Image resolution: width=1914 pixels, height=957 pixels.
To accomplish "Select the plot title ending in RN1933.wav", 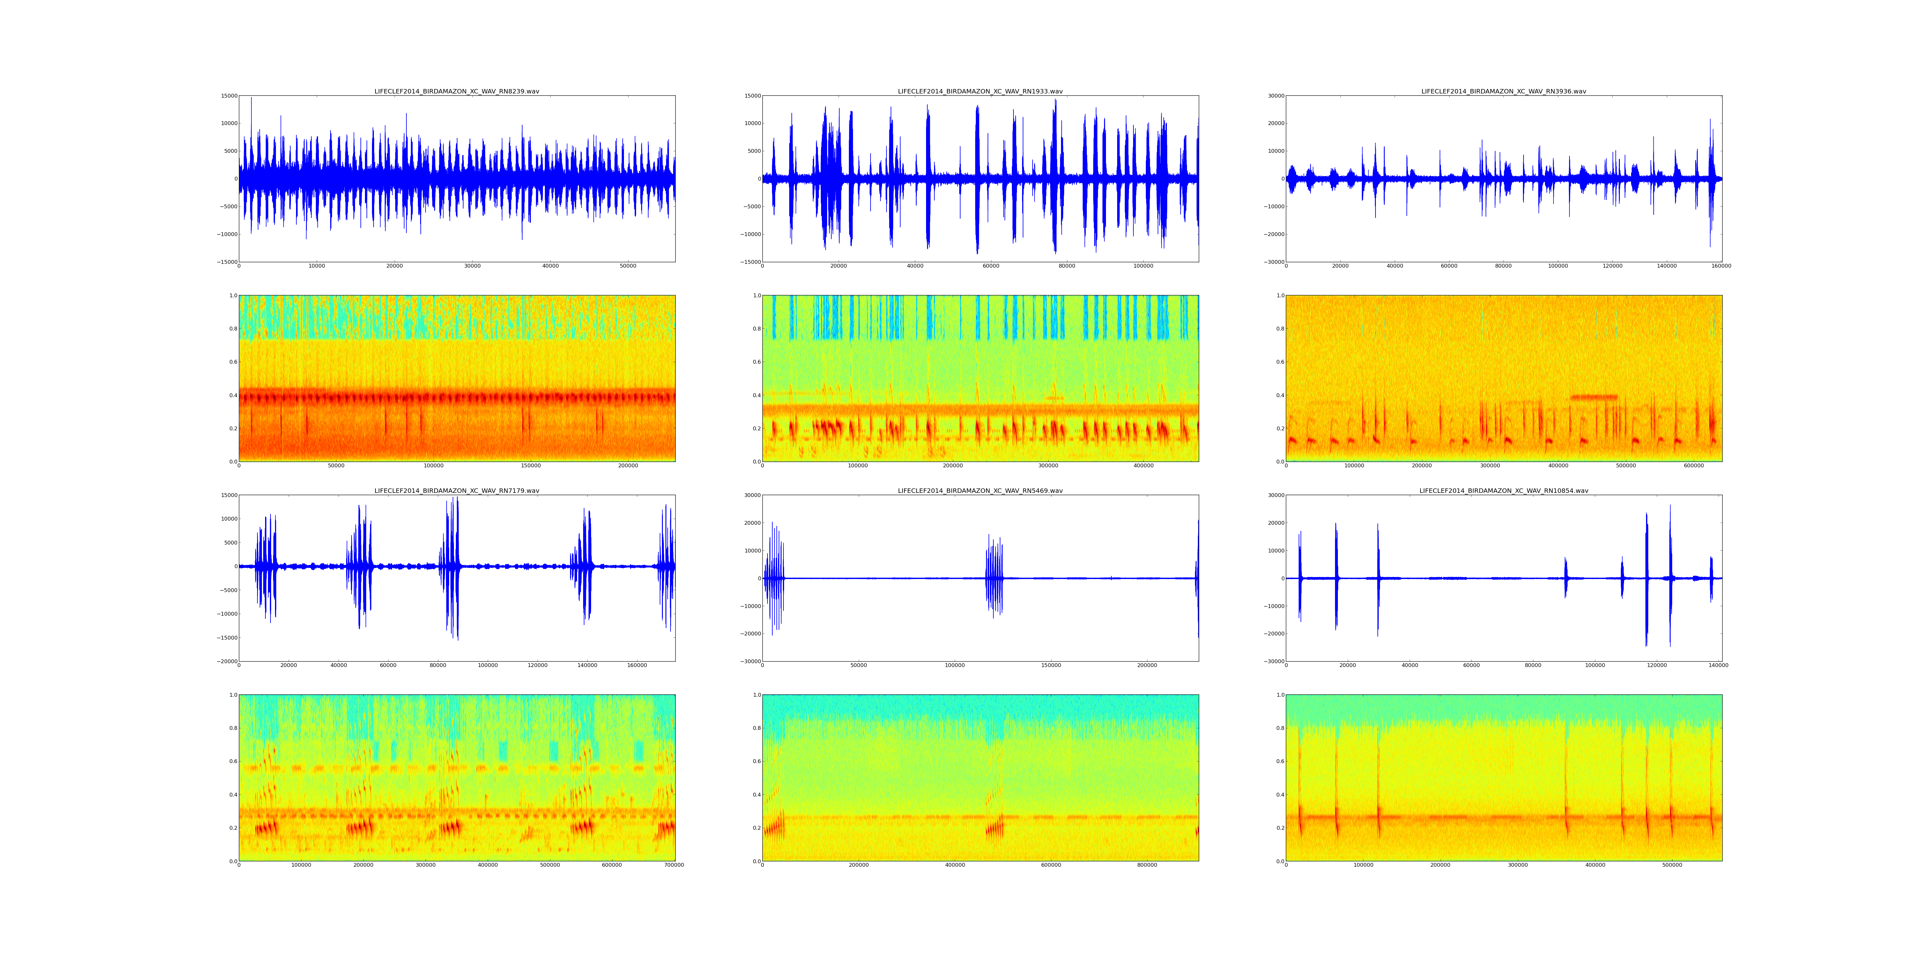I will pos(980,91).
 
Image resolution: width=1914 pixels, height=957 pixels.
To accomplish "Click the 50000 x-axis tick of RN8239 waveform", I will pos(628,266).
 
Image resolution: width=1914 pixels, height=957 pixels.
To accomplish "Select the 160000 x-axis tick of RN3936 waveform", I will pos(1721,266).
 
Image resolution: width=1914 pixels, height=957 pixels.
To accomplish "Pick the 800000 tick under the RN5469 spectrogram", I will pos(1147,865).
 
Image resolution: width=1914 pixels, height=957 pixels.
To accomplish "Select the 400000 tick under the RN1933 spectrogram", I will pos(1144,466).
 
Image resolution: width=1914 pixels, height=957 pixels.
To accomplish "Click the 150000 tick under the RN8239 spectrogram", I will pos(530,466).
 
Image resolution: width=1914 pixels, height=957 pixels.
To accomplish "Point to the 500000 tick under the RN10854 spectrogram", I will pos(1672,865).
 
